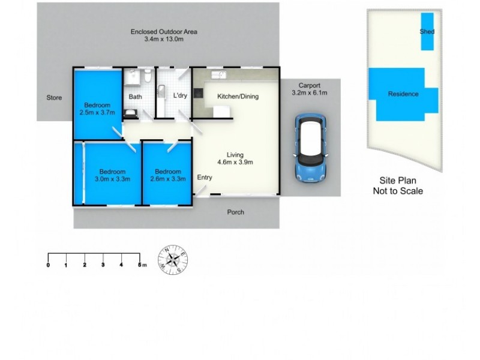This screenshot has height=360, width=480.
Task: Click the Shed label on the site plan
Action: (x=427, y=31)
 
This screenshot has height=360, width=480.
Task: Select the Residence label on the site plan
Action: (x=403, y=94)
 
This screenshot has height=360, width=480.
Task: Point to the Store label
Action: (x=55, y=97)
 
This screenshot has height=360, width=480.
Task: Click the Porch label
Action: (x=235, y=212)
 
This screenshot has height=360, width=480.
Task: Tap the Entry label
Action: (x=205, y=177)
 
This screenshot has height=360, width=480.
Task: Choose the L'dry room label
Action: (x=180, y=96)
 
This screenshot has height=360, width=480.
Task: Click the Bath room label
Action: (x=135, y=96)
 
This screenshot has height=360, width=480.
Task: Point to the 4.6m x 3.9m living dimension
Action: (x=235, y=161)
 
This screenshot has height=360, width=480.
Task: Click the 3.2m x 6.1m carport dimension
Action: (x=310, y=93)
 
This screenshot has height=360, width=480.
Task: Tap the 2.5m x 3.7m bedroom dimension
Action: (x=97, y=112)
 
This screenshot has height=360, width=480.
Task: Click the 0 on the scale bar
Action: (x=48, y=264)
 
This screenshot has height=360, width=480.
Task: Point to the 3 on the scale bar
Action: (x=103, y=264)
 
